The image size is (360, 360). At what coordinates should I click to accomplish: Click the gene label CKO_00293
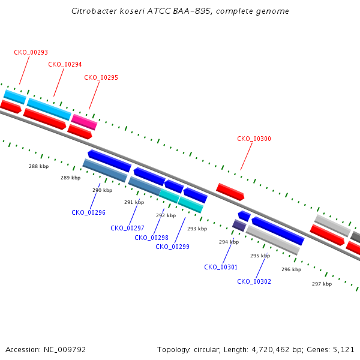(31, 52)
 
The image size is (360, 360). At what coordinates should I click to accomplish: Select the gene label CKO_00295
(101, 77)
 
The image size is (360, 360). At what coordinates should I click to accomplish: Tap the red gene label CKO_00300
(254, 139)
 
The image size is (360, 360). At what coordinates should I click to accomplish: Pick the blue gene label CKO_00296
(88, 212)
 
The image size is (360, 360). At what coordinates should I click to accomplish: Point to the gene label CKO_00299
(172, 247)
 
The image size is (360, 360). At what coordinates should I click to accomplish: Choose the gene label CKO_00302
(254, 281)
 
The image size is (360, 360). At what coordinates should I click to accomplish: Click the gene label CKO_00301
(221, 267)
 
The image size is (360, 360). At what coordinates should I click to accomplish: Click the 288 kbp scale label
(39, 166)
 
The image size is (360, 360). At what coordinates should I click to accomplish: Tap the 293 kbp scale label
(197, 229)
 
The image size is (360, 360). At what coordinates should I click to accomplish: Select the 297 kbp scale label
(322, 284)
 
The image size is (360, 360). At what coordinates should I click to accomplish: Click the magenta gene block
(84, 122)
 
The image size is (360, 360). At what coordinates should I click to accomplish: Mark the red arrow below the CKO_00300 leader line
(230, 192)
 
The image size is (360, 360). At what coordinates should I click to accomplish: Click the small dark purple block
(239, 226)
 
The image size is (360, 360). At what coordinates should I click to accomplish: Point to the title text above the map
(180, 11)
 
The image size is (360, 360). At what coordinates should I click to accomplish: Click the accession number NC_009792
(65, 350)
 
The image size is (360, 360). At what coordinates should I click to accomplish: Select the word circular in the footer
(207, 350)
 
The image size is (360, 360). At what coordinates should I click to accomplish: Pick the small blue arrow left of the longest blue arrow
(244, 216)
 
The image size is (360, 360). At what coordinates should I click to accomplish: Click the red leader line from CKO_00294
(59, 82)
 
